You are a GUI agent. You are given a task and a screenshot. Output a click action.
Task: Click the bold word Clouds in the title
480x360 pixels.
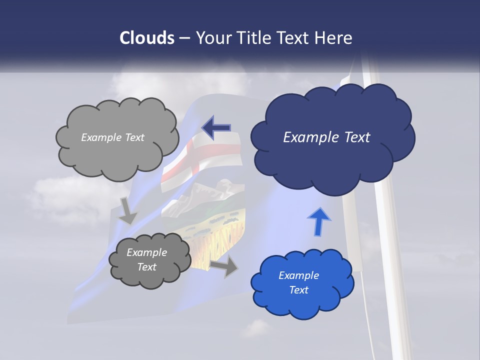(x=147, y=38)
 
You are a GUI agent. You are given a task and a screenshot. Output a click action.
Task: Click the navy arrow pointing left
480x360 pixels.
(x=216, y=127)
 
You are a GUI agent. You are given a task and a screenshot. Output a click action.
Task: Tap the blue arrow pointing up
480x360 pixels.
(x=319, y=221)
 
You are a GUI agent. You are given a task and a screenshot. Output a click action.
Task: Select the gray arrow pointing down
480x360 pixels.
(x=127, y=210)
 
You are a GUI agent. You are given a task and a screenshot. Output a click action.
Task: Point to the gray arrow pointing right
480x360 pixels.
(x=224, y=265)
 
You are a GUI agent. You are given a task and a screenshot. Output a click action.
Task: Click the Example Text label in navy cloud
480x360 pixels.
(x=326, y=137)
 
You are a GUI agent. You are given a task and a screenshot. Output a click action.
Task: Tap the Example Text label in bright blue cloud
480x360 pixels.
(x=298, y=282)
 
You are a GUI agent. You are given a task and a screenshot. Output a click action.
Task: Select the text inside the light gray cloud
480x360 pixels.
(x=112, y=137)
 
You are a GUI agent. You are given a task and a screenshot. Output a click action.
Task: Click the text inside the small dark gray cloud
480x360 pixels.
(x=146, y=259)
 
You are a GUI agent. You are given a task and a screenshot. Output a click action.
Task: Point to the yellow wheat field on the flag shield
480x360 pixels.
(x=220, y=235)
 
